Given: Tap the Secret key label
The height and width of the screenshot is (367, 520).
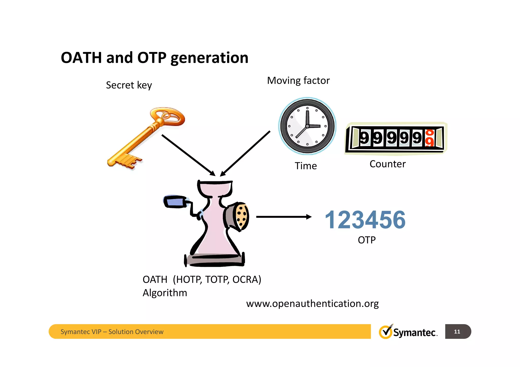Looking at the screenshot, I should point(129,85).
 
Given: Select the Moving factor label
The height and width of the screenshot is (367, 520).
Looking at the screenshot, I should point(298,81).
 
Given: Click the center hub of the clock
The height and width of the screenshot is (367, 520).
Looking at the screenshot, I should point(307,126).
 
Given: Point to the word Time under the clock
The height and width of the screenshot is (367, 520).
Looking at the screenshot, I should point(306,166).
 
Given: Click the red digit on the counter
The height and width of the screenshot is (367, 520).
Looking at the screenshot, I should point(429,138).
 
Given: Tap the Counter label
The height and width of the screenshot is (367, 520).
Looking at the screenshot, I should point(387,164).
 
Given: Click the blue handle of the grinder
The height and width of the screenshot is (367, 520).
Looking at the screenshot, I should point(175,201).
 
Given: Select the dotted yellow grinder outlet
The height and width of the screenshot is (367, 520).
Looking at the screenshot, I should point(241,216).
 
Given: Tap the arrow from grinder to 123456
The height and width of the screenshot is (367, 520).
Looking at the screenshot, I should point(283,217).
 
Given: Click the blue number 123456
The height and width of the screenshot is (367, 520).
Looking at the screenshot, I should point(365,220).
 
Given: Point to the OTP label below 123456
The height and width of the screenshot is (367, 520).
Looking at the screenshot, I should point(366,240).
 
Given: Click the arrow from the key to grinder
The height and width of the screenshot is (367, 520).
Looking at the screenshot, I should point(188,155).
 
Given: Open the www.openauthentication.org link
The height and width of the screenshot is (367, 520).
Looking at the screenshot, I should point(312,304).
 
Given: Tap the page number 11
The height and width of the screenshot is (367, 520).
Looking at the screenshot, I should point(457,331).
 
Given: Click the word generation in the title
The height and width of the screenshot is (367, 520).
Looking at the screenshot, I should point(209,58).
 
